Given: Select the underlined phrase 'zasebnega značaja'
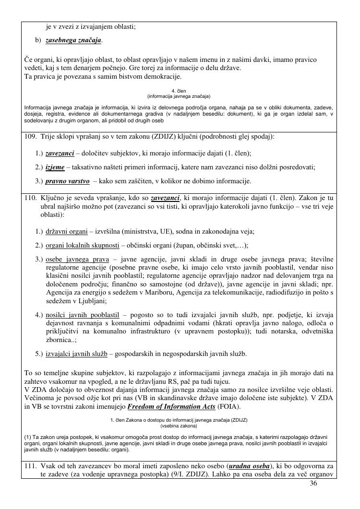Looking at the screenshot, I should click(x=73, y=40).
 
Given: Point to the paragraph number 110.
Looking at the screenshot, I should click(x=30, y=198).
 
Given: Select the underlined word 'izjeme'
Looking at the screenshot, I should click(x=55, y=167).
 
